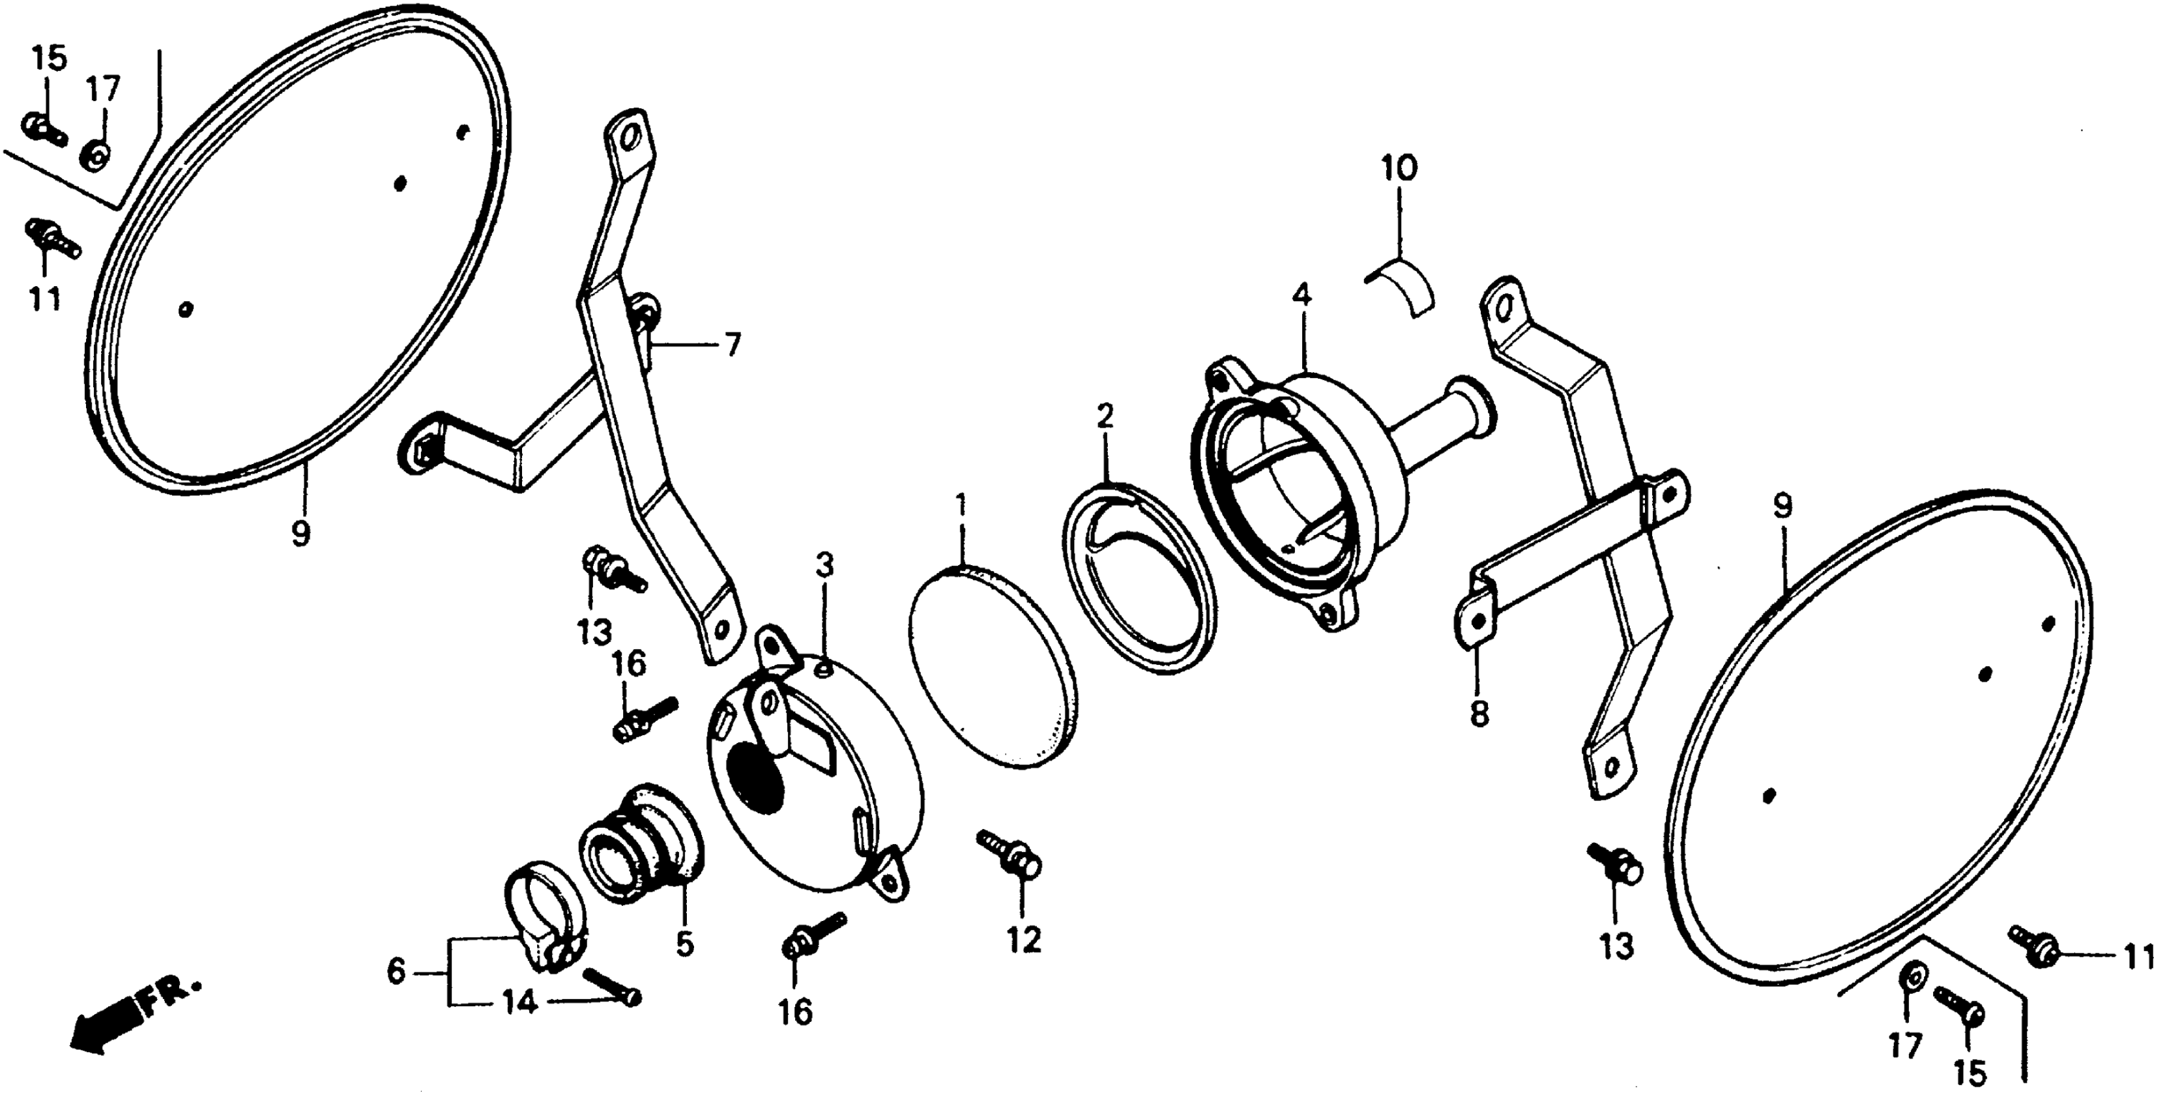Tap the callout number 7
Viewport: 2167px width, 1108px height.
[732, 344]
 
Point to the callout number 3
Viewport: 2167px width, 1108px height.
[824, 565]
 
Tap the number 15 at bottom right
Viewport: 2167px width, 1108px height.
[1970, 1073]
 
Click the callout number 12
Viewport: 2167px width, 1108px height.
[1024, 940]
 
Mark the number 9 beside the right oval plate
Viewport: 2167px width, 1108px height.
[1782, 506]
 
